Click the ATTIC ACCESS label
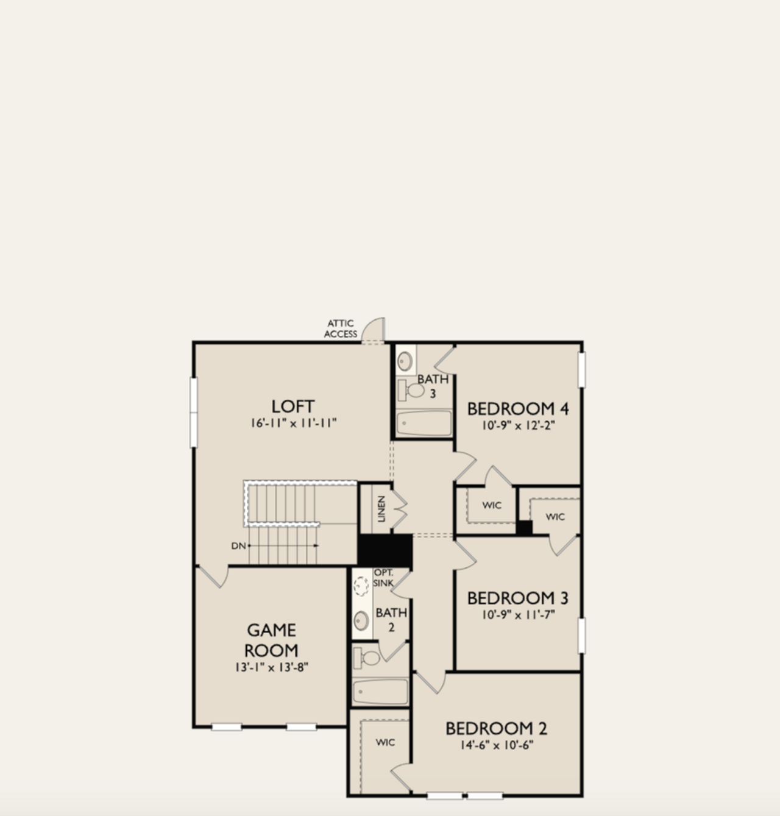coord(341,328)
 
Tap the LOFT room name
coord(293,406)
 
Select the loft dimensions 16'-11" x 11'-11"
coord(293,423)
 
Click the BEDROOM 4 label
coord(519,408)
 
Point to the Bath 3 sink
coord(405,361)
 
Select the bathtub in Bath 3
coord(424,423)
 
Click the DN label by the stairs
coord(238,545)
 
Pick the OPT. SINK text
coord(383,578)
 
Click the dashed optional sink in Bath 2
coord(362,586)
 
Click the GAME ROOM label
coord(272,640)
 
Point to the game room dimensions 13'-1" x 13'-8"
coord(272,667)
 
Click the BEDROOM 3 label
coord(517,598)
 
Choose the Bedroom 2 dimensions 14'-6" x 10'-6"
coord(497,745)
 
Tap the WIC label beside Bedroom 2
coord(385,742)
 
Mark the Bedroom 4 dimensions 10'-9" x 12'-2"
coord(519,425)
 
